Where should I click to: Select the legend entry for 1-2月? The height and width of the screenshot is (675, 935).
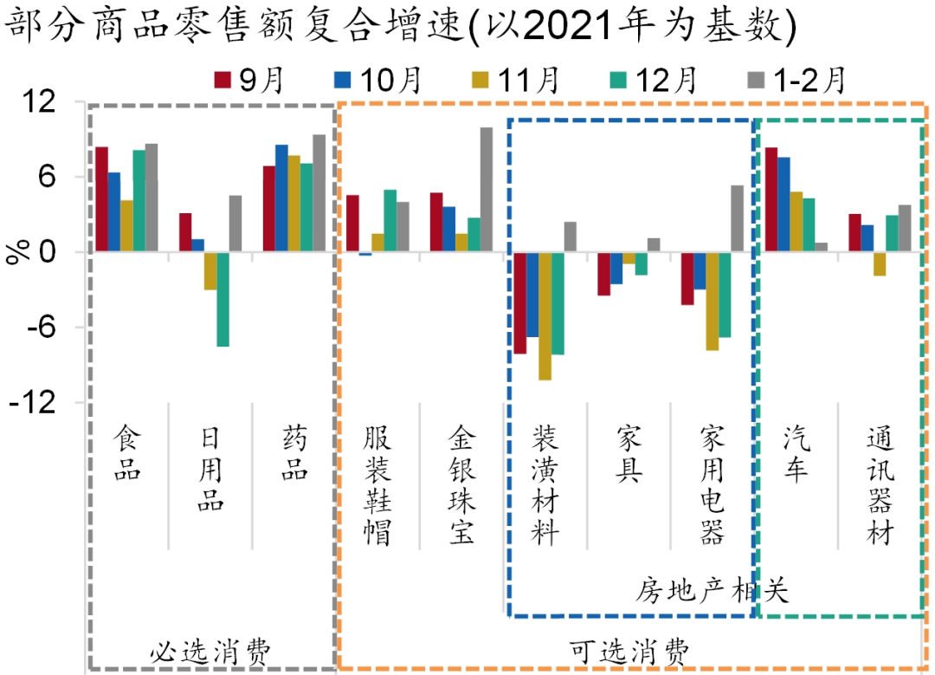point(796,80)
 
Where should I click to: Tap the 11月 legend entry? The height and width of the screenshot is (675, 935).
point(515,80)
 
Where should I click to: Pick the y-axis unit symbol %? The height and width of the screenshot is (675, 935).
point(17,252)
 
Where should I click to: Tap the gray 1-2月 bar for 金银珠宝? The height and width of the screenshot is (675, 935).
point(487,190)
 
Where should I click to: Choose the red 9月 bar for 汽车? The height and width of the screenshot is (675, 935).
point(771,200)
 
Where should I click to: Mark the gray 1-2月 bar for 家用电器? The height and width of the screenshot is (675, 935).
point(737,218)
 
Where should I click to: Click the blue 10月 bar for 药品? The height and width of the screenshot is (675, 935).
point(281,198)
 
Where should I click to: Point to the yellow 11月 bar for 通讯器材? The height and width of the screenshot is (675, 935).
point(880,263)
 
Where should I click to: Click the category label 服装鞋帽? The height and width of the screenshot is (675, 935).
point(378,485)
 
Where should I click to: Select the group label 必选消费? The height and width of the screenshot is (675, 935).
point(210,651)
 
